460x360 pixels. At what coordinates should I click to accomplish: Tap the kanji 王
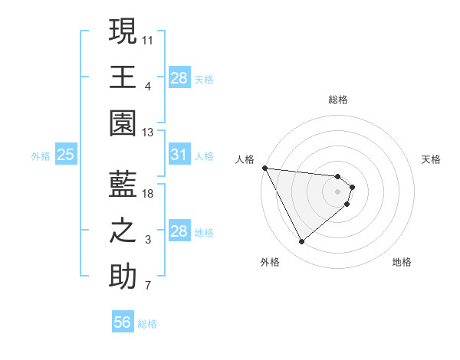123,77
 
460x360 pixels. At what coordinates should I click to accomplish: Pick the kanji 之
123,231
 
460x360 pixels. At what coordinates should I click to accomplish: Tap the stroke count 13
148,133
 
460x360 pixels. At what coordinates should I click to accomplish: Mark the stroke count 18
148,193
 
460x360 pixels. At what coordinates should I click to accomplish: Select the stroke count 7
148,287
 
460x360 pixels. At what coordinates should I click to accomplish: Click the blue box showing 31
179,155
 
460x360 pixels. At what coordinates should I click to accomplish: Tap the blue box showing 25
65,155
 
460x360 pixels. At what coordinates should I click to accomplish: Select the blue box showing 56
123,322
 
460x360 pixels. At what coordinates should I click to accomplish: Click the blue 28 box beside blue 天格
179,77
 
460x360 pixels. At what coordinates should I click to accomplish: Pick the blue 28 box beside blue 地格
179,231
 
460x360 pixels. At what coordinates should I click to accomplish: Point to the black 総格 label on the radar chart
338,100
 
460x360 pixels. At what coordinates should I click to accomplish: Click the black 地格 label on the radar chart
402,262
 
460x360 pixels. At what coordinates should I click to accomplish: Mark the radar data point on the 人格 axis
264,168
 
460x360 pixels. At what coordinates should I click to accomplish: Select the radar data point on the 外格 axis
301,242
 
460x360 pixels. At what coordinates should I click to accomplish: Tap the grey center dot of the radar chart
338,191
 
